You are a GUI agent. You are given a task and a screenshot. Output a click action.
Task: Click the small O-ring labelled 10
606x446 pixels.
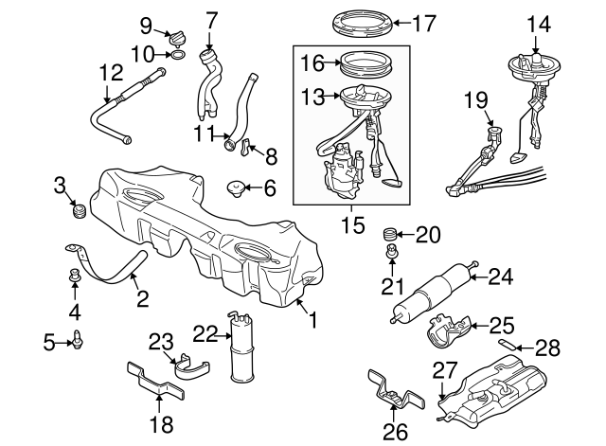point(176,56)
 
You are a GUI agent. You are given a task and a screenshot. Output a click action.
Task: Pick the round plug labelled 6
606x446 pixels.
point(236,188)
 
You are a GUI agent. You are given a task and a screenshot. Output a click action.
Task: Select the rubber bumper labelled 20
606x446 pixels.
point(388,234)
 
